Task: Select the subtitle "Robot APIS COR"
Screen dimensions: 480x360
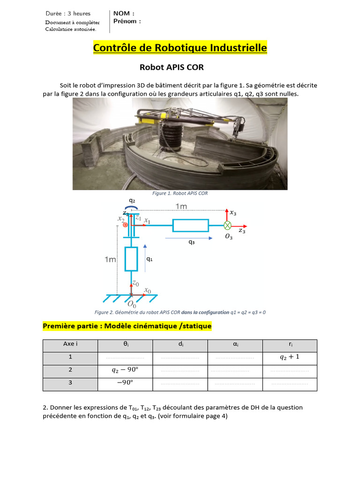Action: (x=172, y=67)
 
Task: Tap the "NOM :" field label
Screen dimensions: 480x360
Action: (x=124, y=14)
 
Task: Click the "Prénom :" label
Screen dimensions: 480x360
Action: (x=127, y=21)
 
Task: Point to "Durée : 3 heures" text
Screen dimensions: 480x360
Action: (x=68, y=14)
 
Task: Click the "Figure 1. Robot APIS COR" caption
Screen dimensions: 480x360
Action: (x=180, y=193)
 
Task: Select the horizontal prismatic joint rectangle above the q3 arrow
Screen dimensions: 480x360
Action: (x=190, y=225)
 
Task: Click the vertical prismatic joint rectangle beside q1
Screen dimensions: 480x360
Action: (x=131, y=259)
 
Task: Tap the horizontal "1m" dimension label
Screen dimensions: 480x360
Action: (x=181, y=206)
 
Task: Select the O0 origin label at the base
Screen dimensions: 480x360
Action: (x=131, y=305)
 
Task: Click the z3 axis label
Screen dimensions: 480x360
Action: (x=242, y=231)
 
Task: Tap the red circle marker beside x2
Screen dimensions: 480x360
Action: (x=125, y=225)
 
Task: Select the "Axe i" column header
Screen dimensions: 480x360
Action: (x=70, y=344)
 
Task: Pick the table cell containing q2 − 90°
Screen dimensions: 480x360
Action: (x=125, y=370)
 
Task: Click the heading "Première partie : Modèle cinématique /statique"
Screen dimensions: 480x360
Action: (x=127, y=325)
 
